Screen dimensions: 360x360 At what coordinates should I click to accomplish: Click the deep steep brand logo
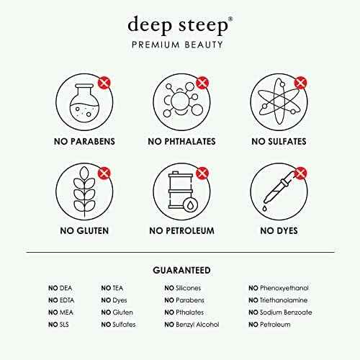pos(180,25)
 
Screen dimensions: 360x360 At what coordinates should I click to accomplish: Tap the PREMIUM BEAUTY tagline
pos(177,45)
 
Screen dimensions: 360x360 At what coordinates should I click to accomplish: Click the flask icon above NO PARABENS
pos(84,103)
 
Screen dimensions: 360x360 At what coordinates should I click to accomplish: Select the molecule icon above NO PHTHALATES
pos(181,100)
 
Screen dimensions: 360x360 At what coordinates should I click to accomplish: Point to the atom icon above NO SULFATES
pos(279,102)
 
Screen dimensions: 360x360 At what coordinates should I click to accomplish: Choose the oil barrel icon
pos(183,192)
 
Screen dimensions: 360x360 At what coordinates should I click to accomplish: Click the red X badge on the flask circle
pos(104,83)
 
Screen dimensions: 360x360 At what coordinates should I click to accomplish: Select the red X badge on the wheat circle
pos(104,173)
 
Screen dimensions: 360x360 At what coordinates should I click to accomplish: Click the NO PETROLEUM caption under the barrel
pos(181,231)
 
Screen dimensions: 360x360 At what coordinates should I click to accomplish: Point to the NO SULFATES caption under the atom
pos(279,142)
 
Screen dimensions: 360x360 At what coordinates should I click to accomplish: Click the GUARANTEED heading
pos(181,271)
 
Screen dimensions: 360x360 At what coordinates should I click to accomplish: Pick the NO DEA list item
pos(60,288)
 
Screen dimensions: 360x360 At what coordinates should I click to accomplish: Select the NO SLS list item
pos(58,325)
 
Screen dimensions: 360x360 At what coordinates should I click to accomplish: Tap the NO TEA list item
pos(112,288)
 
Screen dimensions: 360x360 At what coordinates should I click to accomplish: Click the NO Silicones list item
pos(183,288)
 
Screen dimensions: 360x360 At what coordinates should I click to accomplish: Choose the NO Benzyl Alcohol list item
pos(192,325)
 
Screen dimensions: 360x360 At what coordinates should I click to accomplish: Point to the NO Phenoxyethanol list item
pos(279,288)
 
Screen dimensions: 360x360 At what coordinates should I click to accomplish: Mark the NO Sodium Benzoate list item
pos(280,312)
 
